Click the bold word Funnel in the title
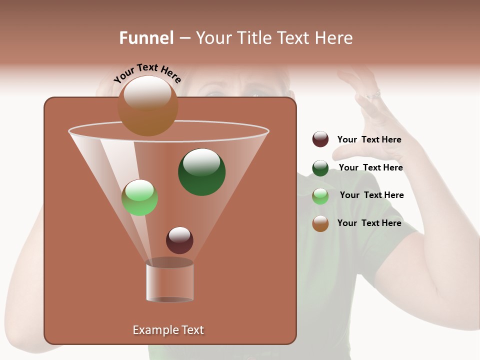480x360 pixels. (146, 38)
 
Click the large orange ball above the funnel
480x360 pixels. (148, 106)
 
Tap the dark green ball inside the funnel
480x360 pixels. (202, 172)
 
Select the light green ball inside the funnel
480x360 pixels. (140, 198)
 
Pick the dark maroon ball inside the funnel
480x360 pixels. (179, 240)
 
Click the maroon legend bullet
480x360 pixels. (320, 139)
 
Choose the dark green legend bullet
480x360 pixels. (320, 168)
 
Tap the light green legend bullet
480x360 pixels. (320, 196)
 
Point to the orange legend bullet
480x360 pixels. (320, 223)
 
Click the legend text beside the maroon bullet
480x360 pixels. (369, 139)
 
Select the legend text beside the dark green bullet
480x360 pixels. (370, 167)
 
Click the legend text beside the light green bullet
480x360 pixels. (371, 195)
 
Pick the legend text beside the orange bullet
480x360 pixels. (369, 223)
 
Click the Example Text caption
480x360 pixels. (168, 330)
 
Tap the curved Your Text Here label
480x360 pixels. (147, 73)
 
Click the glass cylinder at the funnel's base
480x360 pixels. (169, 281)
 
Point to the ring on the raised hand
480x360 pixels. (373, 94)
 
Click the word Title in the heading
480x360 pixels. (255, 38)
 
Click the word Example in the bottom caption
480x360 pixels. (154, 330)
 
